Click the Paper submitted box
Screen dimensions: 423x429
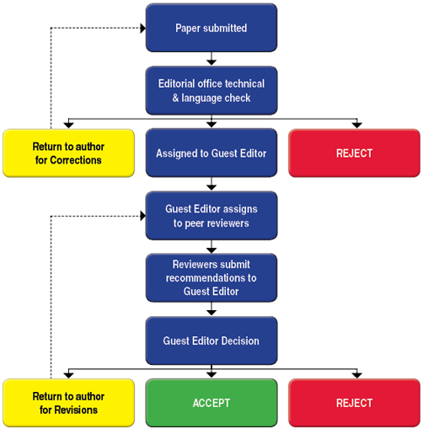point(211,28)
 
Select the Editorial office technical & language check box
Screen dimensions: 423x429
point(211,91)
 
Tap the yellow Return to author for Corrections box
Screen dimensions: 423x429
point(68,153)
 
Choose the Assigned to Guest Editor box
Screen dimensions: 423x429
point(211,153)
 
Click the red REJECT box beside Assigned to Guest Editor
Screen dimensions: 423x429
point(354,153)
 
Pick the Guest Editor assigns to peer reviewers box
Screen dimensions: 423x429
point(211,216)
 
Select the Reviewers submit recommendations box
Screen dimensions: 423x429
point(211,278)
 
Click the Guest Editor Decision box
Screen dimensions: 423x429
point(211,341)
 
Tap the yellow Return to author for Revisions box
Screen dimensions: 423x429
point(68,403)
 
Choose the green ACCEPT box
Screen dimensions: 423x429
point(211,403)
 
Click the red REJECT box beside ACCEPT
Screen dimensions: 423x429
point(354,403)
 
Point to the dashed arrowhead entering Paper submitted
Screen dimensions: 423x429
point(143,28)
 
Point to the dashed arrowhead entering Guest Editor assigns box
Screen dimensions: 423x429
point(143,216)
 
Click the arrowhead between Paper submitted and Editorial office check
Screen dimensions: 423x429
point(211,62)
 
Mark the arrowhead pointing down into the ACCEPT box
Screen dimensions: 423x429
point(211,375)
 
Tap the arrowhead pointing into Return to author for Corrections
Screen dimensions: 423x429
point(68,125)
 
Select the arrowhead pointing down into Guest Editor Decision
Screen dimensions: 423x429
point(211,313)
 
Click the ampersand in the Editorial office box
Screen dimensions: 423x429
point(175,98)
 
